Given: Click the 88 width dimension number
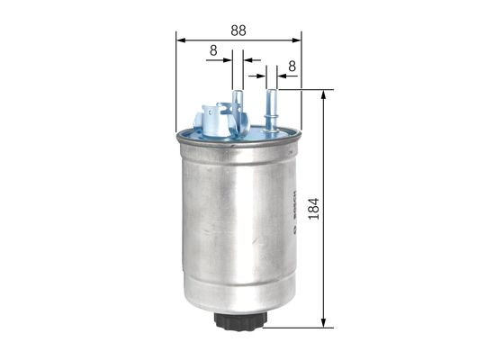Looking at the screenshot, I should pyautogui.click(x=238, y=30).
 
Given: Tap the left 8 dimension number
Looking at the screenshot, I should pyautogui.click(x=212, y=52).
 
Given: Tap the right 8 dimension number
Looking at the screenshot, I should pyautogui.click(x=292, y=66).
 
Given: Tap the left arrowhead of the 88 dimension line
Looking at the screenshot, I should pyautogui.click(x=180, y=40).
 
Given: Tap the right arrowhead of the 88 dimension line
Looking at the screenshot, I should pyautogui.click(x=297, y=40).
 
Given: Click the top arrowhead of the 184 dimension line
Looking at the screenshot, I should pyautogui.click(x=324, y=94).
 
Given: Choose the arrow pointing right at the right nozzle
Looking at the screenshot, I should pyautogui.click(x=261, y=76).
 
